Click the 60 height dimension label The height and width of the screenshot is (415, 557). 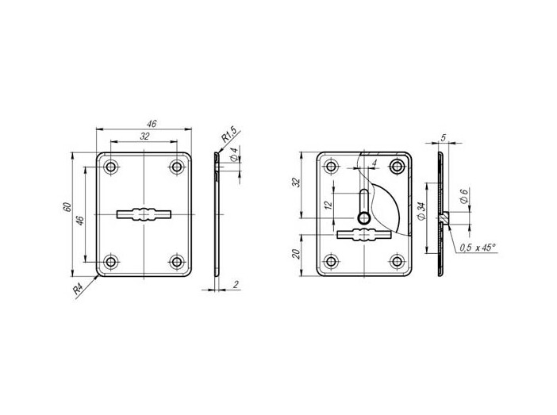coord(67,207)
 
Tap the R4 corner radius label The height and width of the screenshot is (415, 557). coord(79,289)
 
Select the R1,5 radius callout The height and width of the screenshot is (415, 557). coord(229,133)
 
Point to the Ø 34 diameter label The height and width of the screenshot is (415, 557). coord(421,211)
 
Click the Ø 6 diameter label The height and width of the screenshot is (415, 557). coord(463,196)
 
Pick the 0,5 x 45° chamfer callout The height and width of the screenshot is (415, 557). coord(478,248)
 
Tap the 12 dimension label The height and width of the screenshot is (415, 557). coord(328,205)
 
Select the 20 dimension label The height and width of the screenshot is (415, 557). coord(296,254)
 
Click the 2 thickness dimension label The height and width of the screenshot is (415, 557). coord(236,284)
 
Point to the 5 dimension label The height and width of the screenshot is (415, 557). coord(443,138)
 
